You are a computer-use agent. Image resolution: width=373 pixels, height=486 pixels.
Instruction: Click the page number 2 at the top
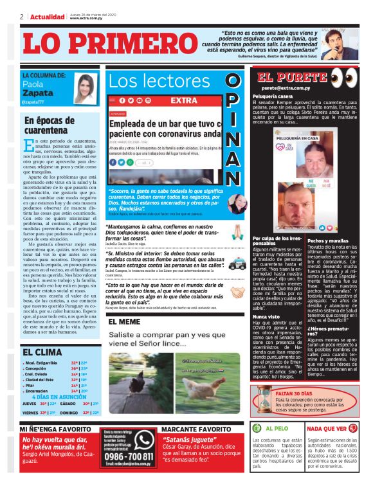coord(22,17)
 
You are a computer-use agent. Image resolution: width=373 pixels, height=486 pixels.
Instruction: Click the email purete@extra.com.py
coord(286,87)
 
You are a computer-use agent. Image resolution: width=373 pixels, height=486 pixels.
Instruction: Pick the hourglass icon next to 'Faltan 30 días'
coord(264,401)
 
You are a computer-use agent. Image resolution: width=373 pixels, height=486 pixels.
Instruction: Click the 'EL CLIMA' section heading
coord(42,352)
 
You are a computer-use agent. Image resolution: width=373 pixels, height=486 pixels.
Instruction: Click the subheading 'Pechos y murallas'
coord(327,240)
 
